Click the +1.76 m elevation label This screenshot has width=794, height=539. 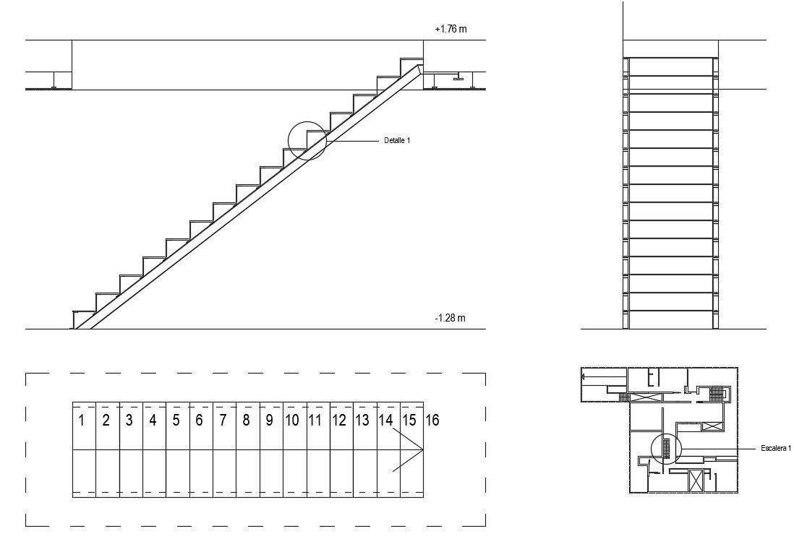(451, 30)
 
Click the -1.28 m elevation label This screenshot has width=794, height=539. (450, 318)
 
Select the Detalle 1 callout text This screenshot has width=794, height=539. (397, 140)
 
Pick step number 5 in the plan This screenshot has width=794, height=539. (176, 421)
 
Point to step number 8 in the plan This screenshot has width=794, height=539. (246, 421)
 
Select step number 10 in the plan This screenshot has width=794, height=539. (291, 421)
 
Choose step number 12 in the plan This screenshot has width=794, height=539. (338, 421)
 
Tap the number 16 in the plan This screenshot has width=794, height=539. (432, 421)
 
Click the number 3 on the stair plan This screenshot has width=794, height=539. (129, 421)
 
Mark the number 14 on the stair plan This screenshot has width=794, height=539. (385, 421)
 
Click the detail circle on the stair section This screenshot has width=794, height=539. (307, 140)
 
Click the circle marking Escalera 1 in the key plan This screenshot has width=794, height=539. (666, 449)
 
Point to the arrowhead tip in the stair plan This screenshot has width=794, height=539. (423, 449)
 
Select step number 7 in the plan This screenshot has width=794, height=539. (223, 421)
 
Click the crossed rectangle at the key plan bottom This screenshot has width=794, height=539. (696, 480)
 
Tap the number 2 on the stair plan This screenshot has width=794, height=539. (106, 421)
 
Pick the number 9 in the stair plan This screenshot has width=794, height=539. (269, 421)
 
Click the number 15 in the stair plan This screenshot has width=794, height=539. (409, 421)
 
